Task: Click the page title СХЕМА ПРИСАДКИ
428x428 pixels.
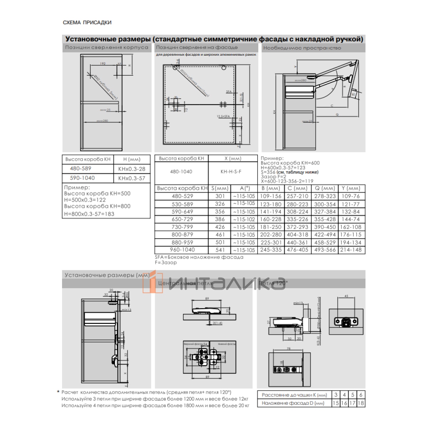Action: click(87, 22)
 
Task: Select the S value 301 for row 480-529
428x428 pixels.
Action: click(220, 196)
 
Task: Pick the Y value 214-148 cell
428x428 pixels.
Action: click(351, 250)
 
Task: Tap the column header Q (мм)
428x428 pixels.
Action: click(325, 188)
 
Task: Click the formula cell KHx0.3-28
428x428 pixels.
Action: click(132, 169)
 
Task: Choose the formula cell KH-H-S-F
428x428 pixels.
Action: click(231, 172)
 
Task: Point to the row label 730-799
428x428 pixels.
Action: click(182, 227)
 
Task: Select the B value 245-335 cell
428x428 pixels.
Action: click(271, 250)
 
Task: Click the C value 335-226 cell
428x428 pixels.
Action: click(297, 219)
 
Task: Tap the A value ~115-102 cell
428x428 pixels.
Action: click(244, 219)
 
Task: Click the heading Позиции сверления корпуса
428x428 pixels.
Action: click(106, 47)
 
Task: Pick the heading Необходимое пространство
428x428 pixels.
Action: click(302, 48)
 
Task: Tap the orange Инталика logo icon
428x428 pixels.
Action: click(153, 282)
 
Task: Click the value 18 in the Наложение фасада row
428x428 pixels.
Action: click(361, 403)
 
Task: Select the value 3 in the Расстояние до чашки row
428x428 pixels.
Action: click(336, 395)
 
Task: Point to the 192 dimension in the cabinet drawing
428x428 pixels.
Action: click(103, 63)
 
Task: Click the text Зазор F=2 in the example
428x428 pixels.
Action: click(273, 177)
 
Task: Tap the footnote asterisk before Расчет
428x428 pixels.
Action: click(58, 392)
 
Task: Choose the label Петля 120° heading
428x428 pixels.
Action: click(273, 283)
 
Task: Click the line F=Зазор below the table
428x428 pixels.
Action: click(166, 263)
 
